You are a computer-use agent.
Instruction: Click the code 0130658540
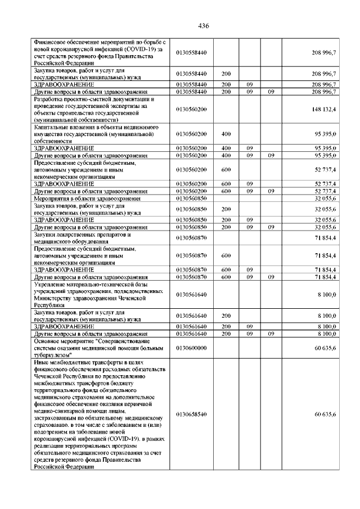191,414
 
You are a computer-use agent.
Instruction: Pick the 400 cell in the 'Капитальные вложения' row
226,134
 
